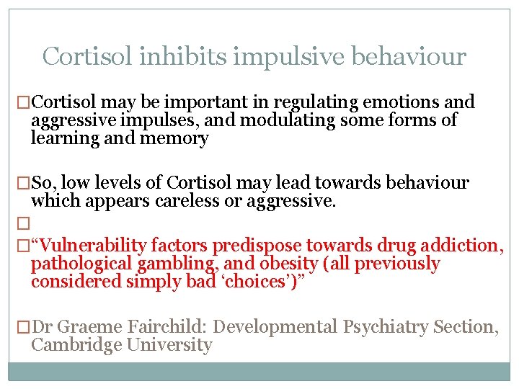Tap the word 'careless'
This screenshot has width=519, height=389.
188,202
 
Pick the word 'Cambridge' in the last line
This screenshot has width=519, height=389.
79,345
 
